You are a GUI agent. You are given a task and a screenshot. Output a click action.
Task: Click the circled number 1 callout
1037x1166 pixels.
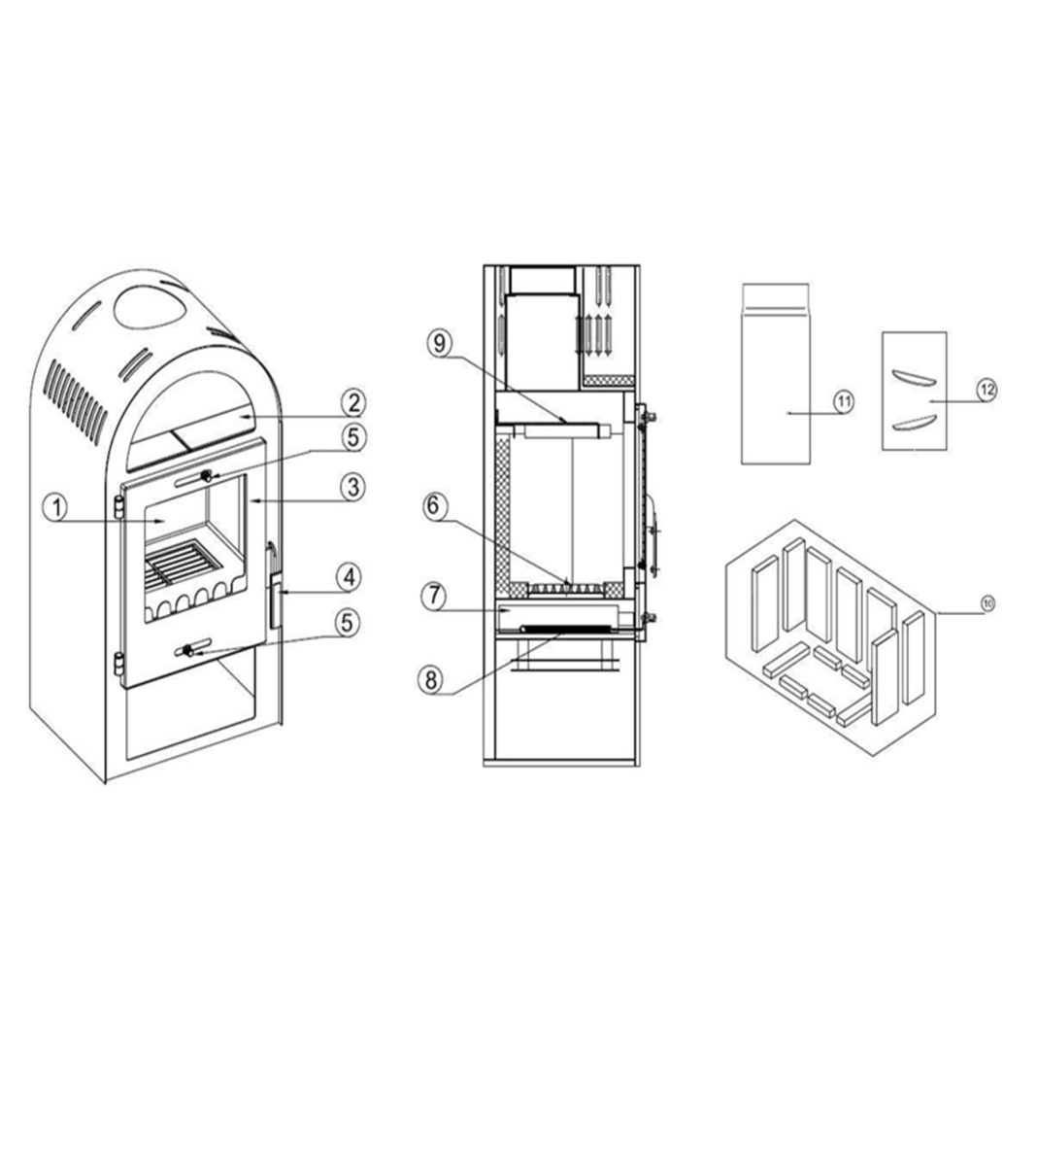coord(56,508)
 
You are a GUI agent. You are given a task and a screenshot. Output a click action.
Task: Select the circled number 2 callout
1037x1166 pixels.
coord(353,402)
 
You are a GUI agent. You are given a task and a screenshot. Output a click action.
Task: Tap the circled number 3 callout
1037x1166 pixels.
coord(352,487)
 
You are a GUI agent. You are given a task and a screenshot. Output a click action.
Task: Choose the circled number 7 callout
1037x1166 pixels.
coord(433,597)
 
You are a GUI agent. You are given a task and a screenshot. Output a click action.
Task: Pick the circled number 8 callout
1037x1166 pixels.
coord(431,680)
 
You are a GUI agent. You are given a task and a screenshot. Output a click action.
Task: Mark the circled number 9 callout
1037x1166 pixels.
coord(440,344)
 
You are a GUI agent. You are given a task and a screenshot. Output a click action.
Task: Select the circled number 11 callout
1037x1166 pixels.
coord(844,401)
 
